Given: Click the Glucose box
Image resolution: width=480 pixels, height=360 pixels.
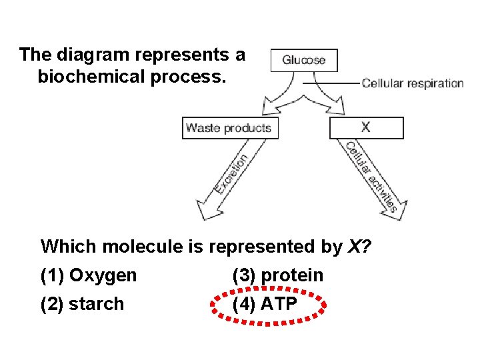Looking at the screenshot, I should click(304, 60).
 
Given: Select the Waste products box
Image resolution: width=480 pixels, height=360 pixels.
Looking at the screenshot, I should click(229, 128).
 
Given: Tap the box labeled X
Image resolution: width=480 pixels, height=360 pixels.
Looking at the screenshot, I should click(366, 127).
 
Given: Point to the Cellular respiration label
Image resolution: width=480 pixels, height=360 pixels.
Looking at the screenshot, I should click(413, 83).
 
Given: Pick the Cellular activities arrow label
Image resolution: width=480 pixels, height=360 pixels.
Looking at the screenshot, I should click(371, 176).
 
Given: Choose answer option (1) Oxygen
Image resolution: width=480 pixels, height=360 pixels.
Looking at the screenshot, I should click(89, 275).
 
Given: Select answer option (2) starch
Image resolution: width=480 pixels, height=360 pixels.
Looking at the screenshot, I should click(82, 304).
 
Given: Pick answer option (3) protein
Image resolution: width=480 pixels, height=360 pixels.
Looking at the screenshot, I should click(277, 275).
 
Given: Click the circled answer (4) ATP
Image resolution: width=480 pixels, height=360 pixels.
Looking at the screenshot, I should click(269, 305).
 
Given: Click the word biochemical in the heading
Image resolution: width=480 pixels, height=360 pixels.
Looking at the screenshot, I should click(101, 77).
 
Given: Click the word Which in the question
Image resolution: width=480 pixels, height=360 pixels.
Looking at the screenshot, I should click(65, 247).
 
